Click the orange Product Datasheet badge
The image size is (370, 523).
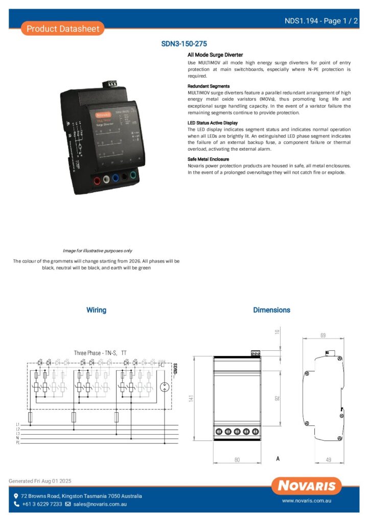pos(63,29)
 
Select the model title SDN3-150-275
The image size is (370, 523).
pos(184,44)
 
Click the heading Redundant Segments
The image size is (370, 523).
pos(209,86)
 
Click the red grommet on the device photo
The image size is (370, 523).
pos(96,180)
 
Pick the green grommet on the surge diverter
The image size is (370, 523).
pos(133,175)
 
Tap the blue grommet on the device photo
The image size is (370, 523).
pos(115,178)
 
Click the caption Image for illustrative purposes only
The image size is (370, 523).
pos(97,251)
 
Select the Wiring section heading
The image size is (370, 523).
pos(96,310)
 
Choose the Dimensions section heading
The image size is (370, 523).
pos(271,310)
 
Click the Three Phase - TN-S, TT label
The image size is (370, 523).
pos(100,353)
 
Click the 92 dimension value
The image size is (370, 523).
pos(277,398)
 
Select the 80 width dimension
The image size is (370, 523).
pos(237,460)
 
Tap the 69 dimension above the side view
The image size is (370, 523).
pos(322,336)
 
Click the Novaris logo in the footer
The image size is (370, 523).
pos(307,486)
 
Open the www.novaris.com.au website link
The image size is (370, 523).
pos(307,502)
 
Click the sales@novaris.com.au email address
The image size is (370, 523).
pos(100,504)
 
